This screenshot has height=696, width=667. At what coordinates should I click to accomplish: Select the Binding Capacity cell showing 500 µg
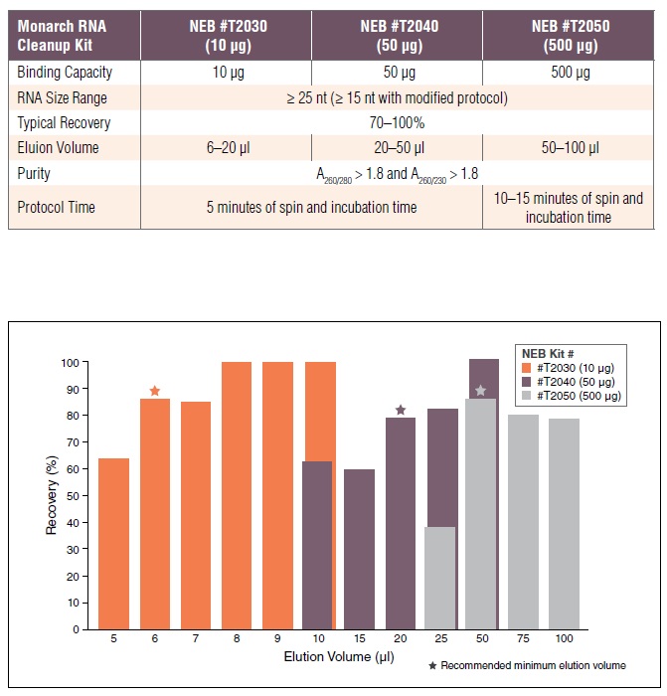tap(569, 73)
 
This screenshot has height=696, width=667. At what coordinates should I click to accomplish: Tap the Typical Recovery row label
tap(64, 123)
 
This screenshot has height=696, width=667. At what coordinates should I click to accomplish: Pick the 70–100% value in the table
tap(399, 123)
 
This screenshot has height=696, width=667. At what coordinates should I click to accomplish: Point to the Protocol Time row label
tap(59, 207)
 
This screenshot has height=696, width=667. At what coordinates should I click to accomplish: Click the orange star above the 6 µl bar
tap(154, 391)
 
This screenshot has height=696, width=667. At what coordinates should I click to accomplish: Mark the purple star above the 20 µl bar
tap(401, 410)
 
